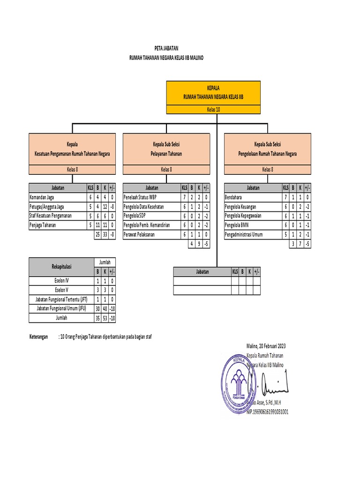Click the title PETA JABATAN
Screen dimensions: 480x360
[166, 48]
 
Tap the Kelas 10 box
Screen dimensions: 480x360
[213, 110]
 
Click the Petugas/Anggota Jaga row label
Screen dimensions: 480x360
[47, 207]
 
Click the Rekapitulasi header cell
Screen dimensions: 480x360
[60, 267]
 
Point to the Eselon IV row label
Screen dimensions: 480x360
[60, 281]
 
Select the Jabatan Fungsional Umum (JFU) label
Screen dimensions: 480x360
[60, 308]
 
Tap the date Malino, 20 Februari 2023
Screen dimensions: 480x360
[266, 346]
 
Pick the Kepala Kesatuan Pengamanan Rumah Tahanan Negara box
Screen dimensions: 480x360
[72, 149]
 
